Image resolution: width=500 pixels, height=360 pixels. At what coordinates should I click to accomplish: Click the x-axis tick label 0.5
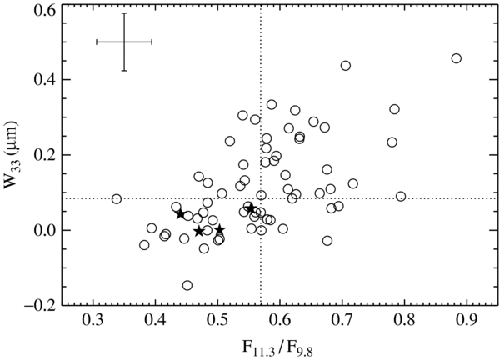[217, 322]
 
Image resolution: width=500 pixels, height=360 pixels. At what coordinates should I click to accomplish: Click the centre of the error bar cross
[123, 41]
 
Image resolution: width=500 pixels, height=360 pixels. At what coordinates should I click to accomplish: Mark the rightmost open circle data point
[456, 58]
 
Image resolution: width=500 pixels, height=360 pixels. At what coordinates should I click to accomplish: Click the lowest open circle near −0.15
[187, 285]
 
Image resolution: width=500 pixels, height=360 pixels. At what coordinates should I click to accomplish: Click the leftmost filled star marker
[181, 214]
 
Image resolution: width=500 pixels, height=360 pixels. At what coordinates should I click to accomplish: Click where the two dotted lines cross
[261, 198]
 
